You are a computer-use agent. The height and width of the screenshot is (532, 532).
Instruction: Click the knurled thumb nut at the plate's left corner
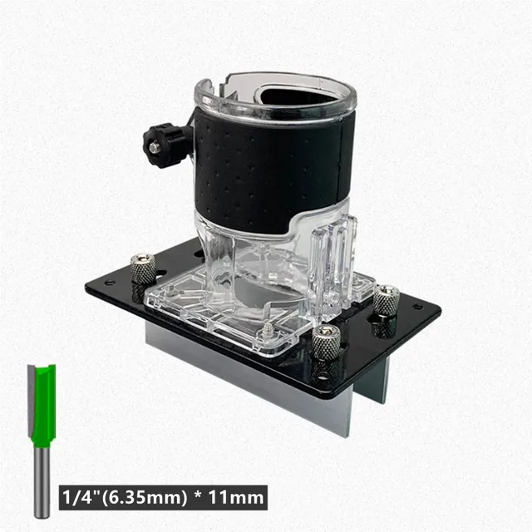(143, 268)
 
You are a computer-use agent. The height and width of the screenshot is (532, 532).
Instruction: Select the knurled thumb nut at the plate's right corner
(385, 300)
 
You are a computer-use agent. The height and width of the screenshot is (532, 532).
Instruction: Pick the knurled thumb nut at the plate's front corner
(326, 342)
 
